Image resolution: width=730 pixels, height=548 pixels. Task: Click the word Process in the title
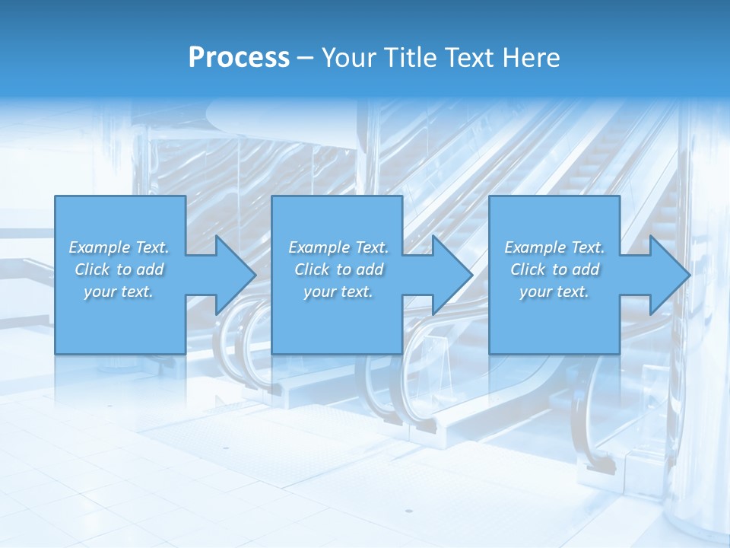pyautogui.click(x=239, y=58)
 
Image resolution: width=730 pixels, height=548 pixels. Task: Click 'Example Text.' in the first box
pyautogui.click(x=119, y=247)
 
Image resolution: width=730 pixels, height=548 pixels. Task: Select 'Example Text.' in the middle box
pyautogui.click(x=338, y=247)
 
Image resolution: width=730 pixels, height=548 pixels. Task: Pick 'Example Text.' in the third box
pyautogui.click(x=554, y=247)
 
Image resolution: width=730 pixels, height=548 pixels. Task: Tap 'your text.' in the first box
pyautogui.click(x=119, y=292)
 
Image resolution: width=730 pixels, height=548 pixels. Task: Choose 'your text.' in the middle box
pyautogui.click(x=338, y=292)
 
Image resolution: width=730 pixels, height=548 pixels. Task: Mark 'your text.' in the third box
pyautogui.click(x=554, y=292)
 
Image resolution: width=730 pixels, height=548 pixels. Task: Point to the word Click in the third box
pyautogui.click(x=528, y=269)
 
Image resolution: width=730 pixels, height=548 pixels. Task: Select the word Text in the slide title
pyautogui.click(x=468, y=58)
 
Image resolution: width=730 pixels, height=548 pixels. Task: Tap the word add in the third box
pyautogui.click(x=585, y=269)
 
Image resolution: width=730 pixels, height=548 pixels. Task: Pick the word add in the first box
pyautogui.click(x=149, y=269)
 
